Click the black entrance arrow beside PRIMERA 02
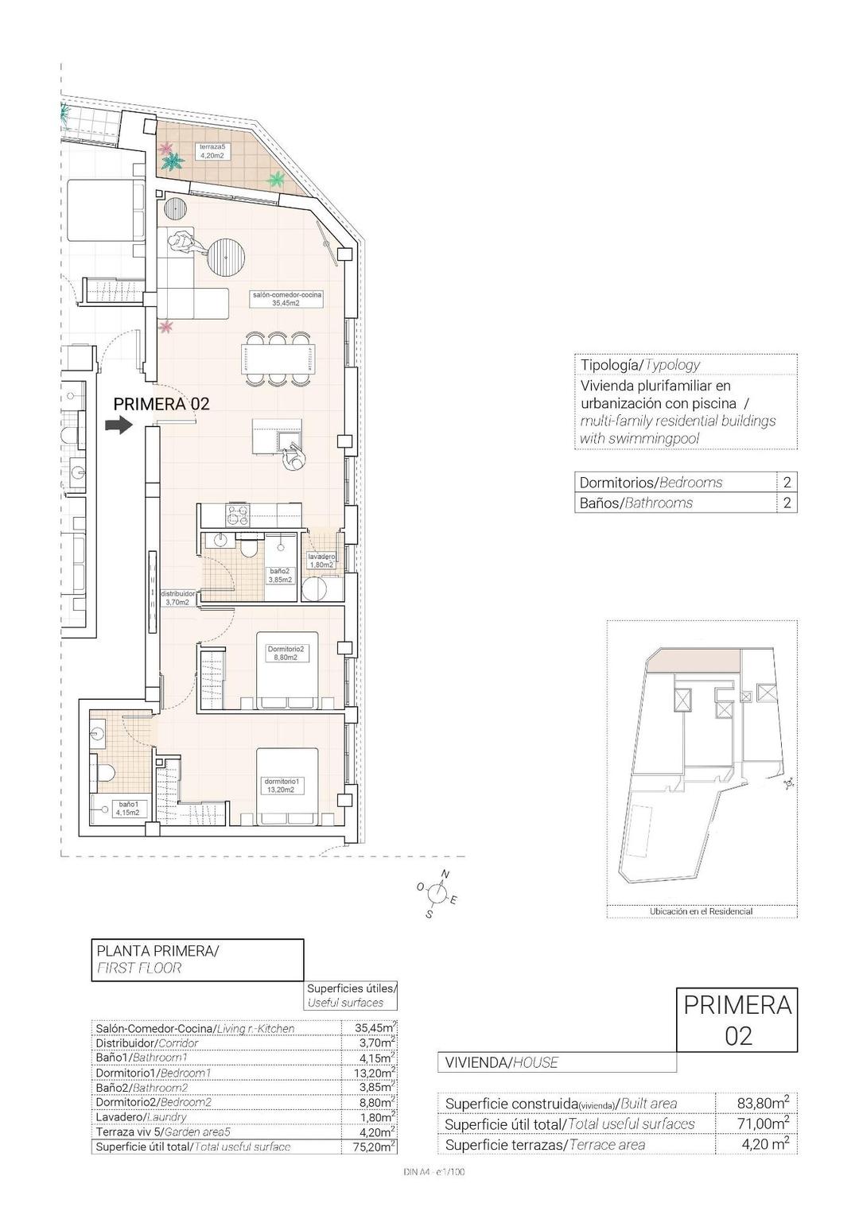click(x=119, y=426)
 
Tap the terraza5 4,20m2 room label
click(x=212, y=151)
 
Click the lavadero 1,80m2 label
click(x=321, y=561)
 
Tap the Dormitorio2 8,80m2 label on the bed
click(x=286, y=653)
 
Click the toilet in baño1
click(x=105, y=772)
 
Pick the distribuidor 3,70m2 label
click(x=177, y=598)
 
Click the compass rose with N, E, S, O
click(x=436, y=895)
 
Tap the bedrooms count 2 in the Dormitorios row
click(x=787, y=482)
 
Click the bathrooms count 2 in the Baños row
click(x=787, y=503)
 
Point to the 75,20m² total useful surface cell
click(x=373, y=1147)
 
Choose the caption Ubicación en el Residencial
click(x=701, y=911)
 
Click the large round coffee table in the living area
click(x=227, y=256)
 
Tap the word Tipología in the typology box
click(x=610, y=365)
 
